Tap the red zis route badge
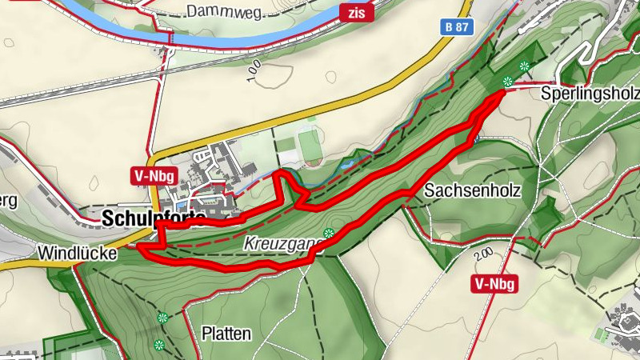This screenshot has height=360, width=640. point(356,12)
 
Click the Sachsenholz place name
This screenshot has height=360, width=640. point(473,191)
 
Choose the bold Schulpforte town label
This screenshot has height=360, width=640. point(153,218)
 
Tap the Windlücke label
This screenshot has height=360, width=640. point(77,253)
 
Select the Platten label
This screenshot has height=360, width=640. point(226,333)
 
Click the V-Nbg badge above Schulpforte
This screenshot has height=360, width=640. point(152,177)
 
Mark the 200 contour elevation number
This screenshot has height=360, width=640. point(482,256)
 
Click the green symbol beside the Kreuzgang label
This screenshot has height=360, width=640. point(329,234)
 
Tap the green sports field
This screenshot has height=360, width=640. point(310,143)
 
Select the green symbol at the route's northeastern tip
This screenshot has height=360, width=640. point(506,81)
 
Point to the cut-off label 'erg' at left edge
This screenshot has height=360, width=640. point(7,201)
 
